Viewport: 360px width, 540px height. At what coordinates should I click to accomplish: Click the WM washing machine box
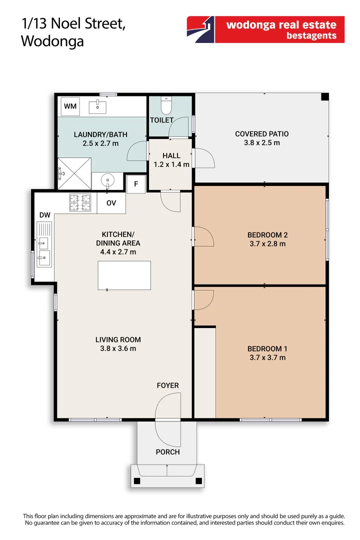click(70, 106)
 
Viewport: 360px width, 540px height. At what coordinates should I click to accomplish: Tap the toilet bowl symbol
click(166, 105)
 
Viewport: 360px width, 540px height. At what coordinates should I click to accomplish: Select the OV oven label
click(111, 203)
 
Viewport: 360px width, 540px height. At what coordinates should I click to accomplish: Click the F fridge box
click(136, 184)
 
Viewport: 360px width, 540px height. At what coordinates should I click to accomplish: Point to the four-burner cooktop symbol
click(80, 202)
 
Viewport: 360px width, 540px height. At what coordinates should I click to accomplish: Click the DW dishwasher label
click(45, 215)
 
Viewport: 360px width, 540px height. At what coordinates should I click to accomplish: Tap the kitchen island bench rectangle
click(124, 275)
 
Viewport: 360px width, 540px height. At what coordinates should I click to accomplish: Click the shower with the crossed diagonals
click(74, 173)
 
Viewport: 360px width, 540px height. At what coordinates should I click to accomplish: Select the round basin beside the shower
click(108, 180)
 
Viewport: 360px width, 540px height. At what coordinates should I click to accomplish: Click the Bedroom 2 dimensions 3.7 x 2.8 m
click(267, 244)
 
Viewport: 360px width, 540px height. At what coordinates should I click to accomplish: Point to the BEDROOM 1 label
click(267, 349)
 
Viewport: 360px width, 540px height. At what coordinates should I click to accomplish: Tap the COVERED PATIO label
click(262, 134)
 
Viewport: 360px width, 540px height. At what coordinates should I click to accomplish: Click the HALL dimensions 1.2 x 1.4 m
click(171, 164)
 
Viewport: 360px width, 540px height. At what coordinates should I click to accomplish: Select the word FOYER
click(168, 385)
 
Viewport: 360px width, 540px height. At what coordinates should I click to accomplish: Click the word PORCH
click(168, 452)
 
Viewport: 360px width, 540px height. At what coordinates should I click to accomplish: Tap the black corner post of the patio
click(324, 97)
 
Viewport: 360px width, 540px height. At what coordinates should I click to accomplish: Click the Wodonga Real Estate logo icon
click(201, 29)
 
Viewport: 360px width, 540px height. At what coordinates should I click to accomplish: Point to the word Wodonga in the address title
click(52, 41)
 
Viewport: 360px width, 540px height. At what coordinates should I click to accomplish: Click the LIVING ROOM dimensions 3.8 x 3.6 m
click(118, 348)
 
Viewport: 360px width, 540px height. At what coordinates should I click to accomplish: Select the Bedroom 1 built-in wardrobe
click(205, 372)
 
